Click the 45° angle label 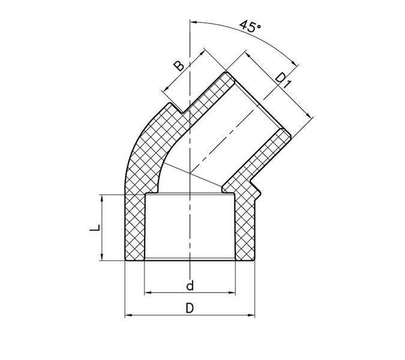[250, 26]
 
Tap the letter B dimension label [179, 66]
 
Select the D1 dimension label [283, 80]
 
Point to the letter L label [95, 228]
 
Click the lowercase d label [190, 286]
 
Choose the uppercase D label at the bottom [190, 308]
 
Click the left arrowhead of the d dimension [148, 293]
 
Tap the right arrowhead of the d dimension [232, 293]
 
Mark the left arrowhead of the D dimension [128, 315]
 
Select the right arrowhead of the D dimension [251, 315]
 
